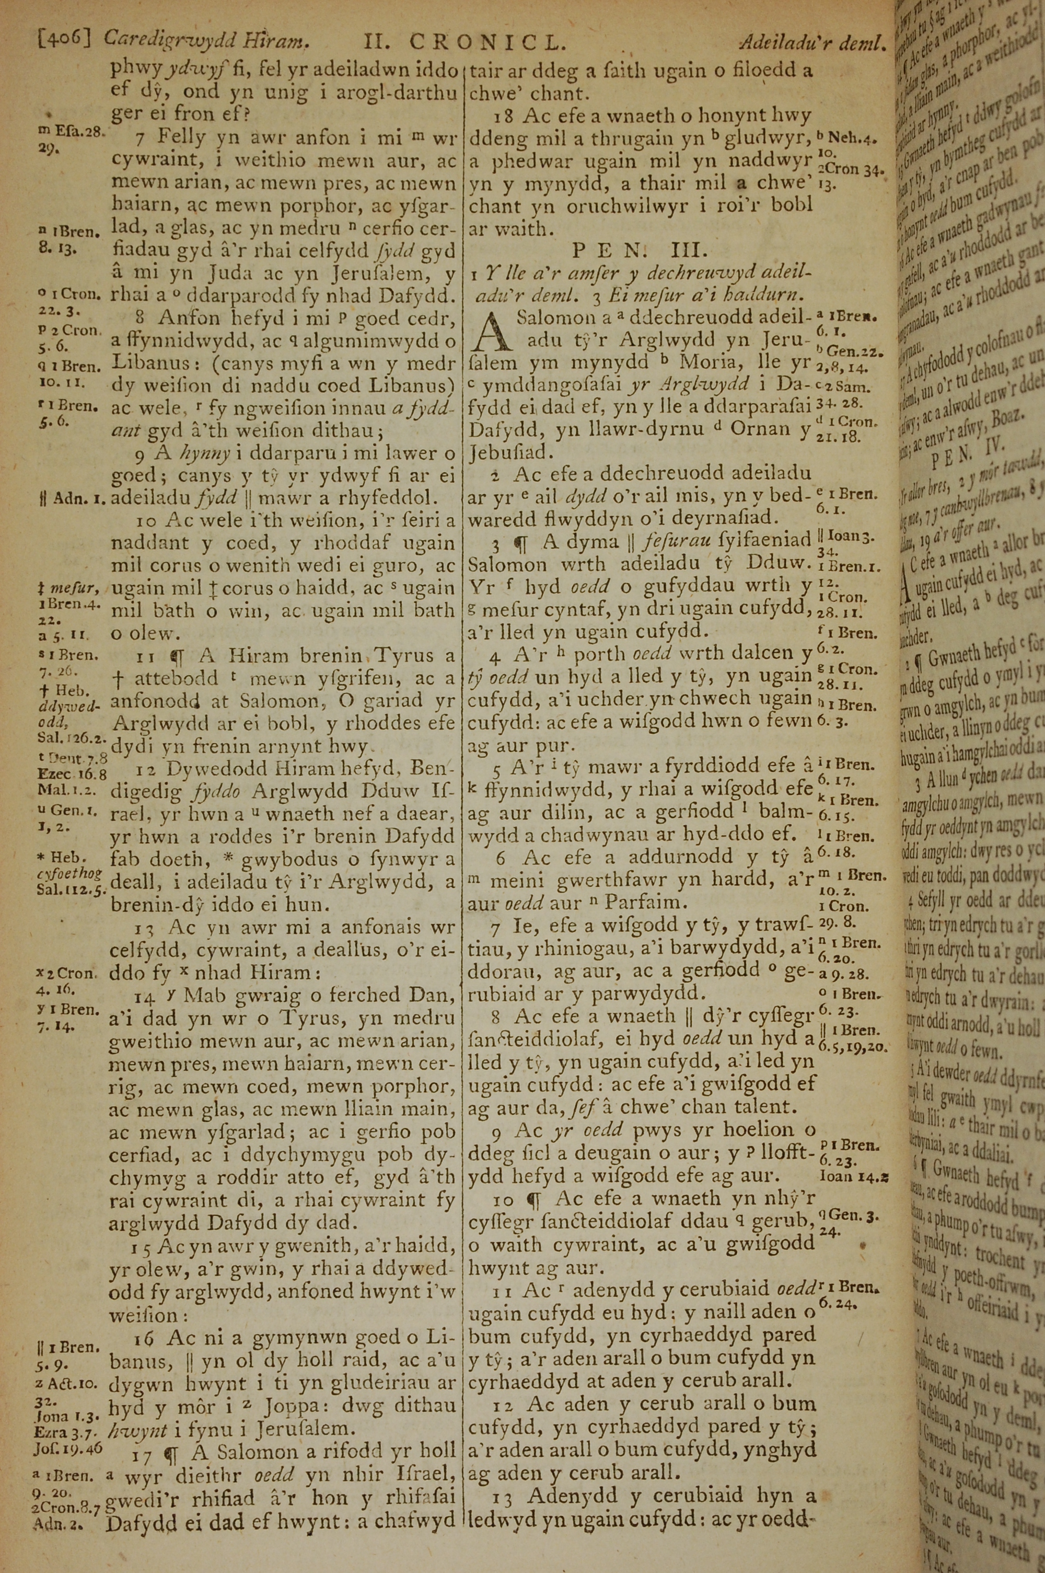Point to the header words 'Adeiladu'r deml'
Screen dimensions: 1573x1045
click(x=812, y=43)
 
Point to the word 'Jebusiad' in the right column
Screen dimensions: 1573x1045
click(x=510, y=452)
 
